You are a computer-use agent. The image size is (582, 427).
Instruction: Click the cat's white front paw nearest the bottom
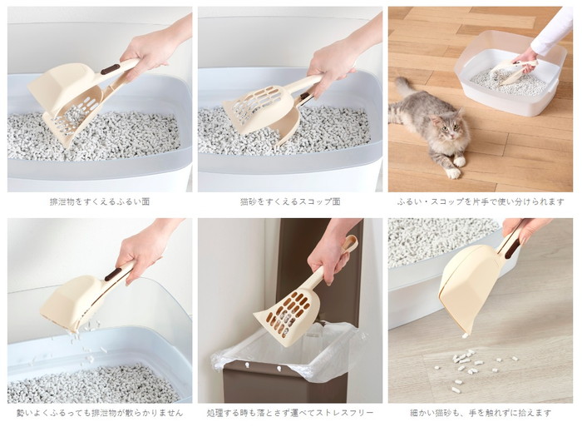[453, 174]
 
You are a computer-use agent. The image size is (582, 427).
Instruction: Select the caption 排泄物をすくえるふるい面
[100, 201]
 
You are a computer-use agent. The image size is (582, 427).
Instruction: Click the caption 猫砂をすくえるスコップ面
[290, 201]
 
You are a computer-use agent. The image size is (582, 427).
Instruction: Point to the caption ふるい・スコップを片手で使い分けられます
[481, 201]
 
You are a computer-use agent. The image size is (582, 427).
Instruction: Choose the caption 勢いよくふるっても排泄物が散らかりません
[100, 413]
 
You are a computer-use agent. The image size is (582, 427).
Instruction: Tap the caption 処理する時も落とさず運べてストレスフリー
[290, 413]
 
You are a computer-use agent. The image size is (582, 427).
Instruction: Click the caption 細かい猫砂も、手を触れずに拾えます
[481, 413]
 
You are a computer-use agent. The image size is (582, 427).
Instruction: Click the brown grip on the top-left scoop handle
[111, 69]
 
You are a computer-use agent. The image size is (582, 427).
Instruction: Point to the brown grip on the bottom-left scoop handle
[114, 274]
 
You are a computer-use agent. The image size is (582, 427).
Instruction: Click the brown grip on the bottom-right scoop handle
[512, 250]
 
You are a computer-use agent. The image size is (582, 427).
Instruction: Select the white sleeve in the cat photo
[552, 34]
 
